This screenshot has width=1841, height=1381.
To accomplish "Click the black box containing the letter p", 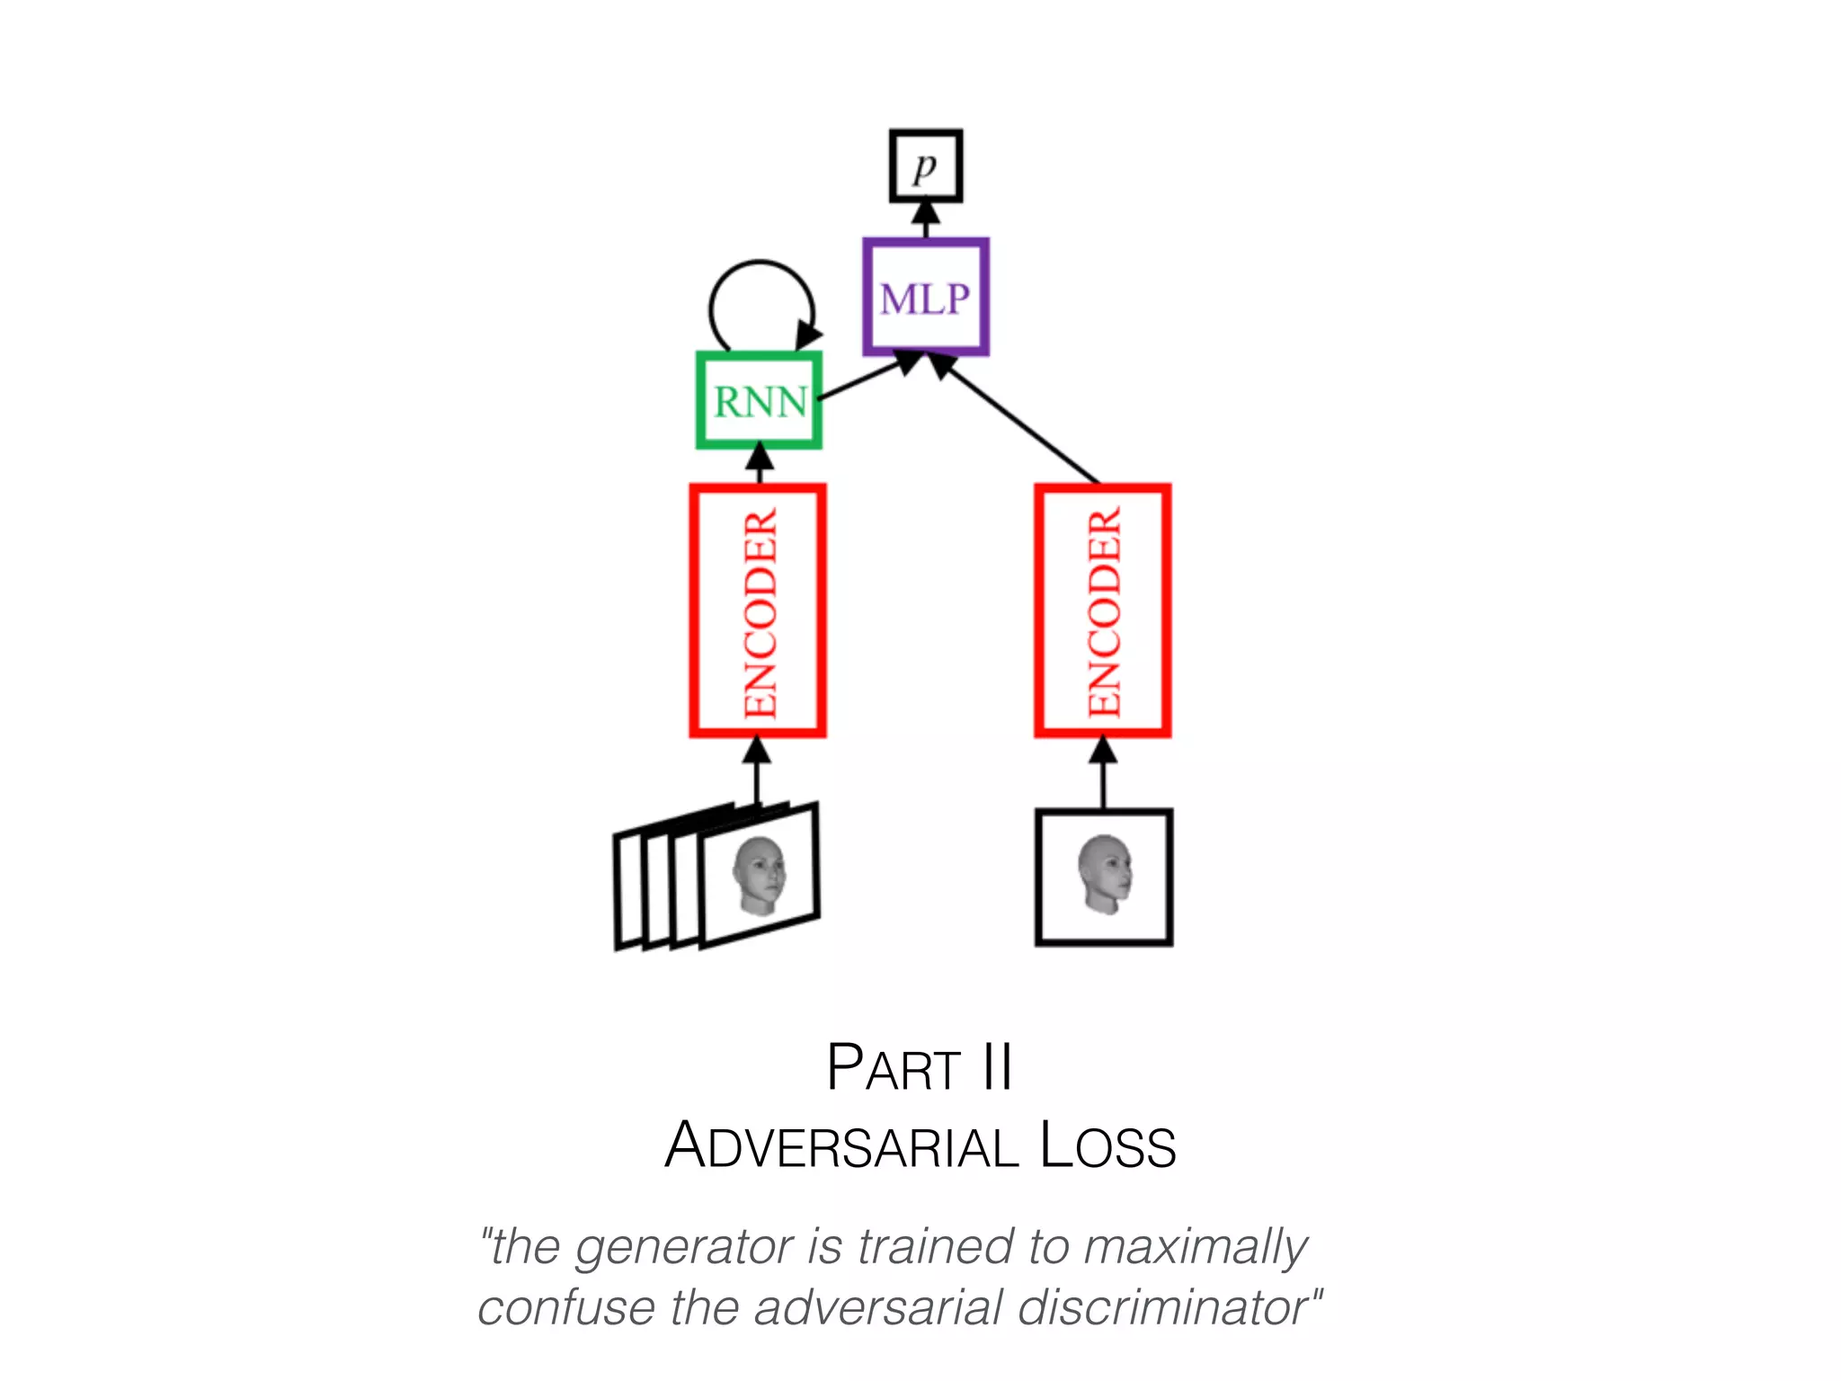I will (926, 166).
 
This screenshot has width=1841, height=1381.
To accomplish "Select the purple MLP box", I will (926, 297).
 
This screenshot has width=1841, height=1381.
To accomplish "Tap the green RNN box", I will (760, 400).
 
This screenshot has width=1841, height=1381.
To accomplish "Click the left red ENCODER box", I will (758, 611).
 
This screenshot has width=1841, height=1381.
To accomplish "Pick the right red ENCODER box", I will (1103, 611).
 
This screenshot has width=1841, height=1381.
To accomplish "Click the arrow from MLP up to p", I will (926, 220).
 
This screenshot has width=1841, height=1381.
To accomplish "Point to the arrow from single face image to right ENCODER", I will (1103, 773).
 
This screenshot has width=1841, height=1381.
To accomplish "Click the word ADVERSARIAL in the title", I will (841, 1146).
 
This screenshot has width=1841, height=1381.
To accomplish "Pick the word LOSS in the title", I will (1107, 1146).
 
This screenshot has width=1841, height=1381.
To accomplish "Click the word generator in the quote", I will (684, 1248).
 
